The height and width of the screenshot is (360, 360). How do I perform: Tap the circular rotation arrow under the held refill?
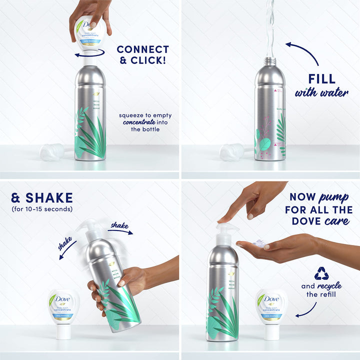pos(90,52)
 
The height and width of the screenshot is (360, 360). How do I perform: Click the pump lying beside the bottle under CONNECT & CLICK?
pos(52,151)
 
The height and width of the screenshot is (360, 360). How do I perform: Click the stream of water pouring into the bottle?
pos(270,27)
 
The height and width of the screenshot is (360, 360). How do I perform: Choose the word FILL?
pos(321,79)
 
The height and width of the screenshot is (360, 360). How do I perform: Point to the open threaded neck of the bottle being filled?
pos(270,61)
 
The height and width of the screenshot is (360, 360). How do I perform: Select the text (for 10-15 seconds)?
pos(42,209)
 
